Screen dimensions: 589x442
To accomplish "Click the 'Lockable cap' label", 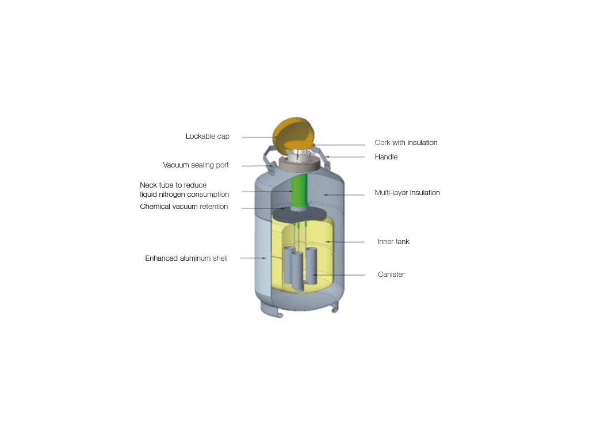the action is [207, 136].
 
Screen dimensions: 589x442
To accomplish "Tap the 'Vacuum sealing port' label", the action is [196, 165].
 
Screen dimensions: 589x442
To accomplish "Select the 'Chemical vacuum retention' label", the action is [184, 207].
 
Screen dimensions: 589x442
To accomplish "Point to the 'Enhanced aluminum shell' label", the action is [186, 258].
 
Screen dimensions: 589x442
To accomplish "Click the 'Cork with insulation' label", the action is [406, 143].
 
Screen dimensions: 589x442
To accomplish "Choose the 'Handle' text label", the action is [386, 157].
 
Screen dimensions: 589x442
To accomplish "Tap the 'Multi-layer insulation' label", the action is [407, 193].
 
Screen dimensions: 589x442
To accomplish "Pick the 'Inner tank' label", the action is [393, 242].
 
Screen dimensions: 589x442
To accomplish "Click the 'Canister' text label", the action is [391, 275].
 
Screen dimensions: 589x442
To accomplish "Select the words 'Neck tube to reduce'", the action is [173, 185].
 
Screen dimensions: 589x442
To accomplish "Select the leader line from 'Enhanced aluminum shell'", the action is [251, 258].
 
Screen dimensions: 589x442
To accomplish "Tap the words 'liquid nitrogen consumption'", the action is [184, 195].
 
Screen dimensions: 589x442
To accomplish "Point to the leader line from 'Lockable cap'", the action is [259, 137].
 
